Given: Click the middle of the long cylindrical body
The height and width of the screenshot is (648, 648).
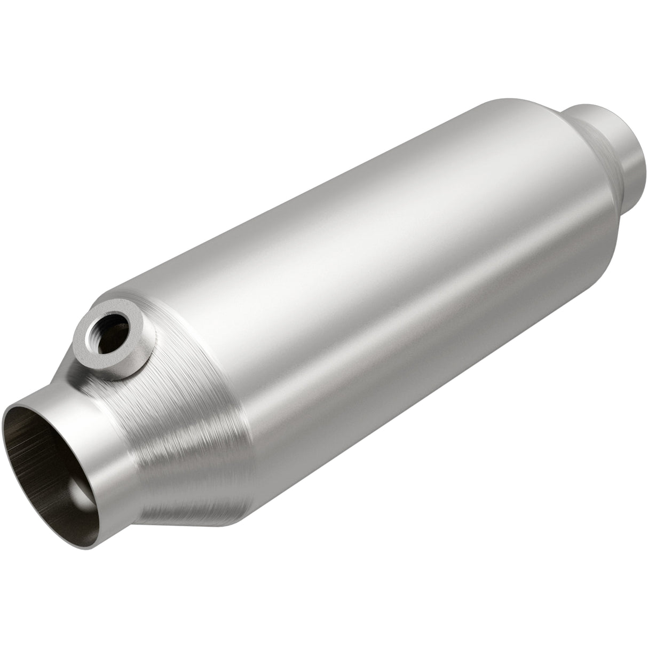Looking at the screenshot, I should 374,267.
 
